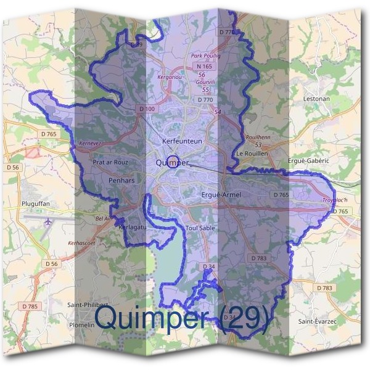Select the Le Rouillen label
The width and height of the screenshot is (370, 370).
[252, 153]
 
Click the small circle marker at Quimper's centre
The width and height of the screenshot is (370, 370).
[172, 161]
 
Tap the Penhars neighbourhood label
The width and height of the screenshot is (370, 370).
[121, 181]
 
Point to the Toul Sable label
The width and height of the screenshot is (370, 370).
[200, 228]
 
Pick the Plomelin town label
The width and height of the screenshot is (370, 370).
[81, 324]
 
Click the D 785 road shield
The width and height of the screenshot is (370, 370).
[29, 306]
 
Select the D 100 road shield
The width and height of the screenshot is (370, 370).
[147, 109]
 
